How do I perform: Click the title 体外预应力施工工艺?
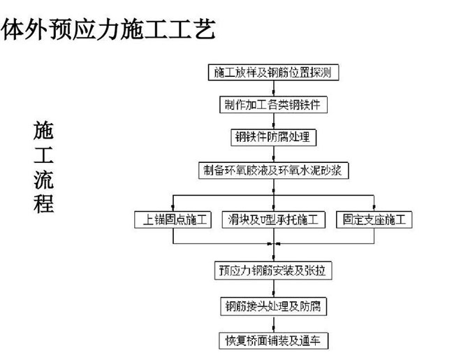[108, 29]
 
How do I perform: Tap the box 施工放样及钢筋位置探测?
[273, 72]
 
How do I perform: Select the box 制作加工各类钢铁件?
[273, 105]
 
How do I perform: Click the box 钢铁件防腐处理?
[273, 138]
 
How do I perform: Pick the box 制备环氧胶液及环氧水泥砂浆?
[273, 170]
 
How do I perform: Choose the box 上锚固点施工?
[173, 219]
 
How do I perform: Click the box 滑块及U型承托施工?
[273, 219]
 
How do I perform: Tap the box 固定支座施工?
[374, 219]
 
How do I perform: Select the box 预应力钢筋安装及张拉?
[273, 271]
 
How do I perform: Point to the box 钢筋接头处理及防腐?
[273, 306]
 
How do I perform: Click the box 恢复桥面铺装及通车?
[273, 341]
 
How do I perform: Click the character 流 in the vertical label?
[43, 180]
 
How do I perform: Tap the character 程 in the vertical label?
[43, 203]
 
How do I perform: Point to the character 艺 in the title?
[205, 29]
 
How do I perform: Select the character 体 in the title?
[12, 29]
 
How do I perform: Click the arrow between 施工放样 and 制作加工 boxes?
[274, 88]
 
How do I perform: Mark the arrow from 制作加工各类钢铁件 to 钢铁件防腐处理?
[274, 121]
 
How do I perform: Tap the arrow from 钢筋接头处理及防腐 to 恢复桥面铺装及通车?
[274, 324]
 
